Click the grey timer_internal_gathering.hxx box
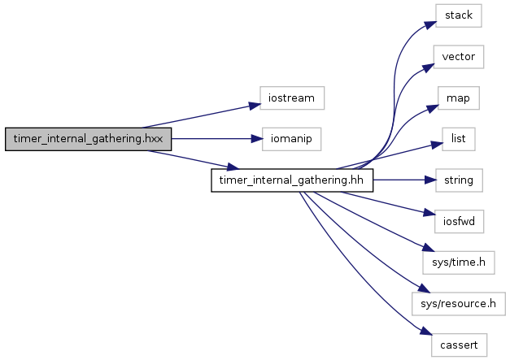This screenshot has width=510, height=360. point(88,139)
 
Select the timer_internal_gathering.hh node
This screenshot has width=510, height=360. point(292,180)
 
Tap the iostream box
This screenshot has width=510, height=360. point(292,98)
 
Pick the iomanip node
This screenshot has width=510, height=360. point(291,139)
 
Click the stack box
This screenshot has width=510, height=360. point(459,15)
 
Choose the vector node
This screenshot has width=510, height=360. point(459,57)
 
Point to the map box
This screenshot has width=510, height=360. point(458,98)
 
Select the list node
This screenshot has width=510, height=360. point(458,139)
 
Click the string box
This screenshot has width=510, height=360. point(459,180)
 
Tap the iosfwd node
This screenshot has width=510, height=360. point(459,221)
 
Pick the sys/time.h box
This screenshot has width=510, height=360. point(459,262)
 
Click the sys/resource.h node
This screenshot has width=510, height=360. point(459,304)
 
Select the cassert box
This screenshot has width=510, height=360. point(459,345)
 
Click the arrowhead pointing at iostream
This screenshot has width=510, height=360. point(255,106)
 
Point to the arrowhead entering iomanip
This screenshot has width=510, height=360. point(257,139)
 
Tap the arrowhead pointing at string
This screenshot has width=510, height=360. point(430,180)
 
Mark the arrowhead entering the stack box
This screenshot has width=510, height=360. point(430,25)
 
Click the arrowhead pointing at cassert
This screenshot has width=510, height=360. point(426,331)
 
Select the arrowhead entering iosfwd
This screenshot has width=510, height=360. point(429,214)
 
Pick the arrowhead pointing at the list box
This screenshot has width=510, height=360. point(437,145)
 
